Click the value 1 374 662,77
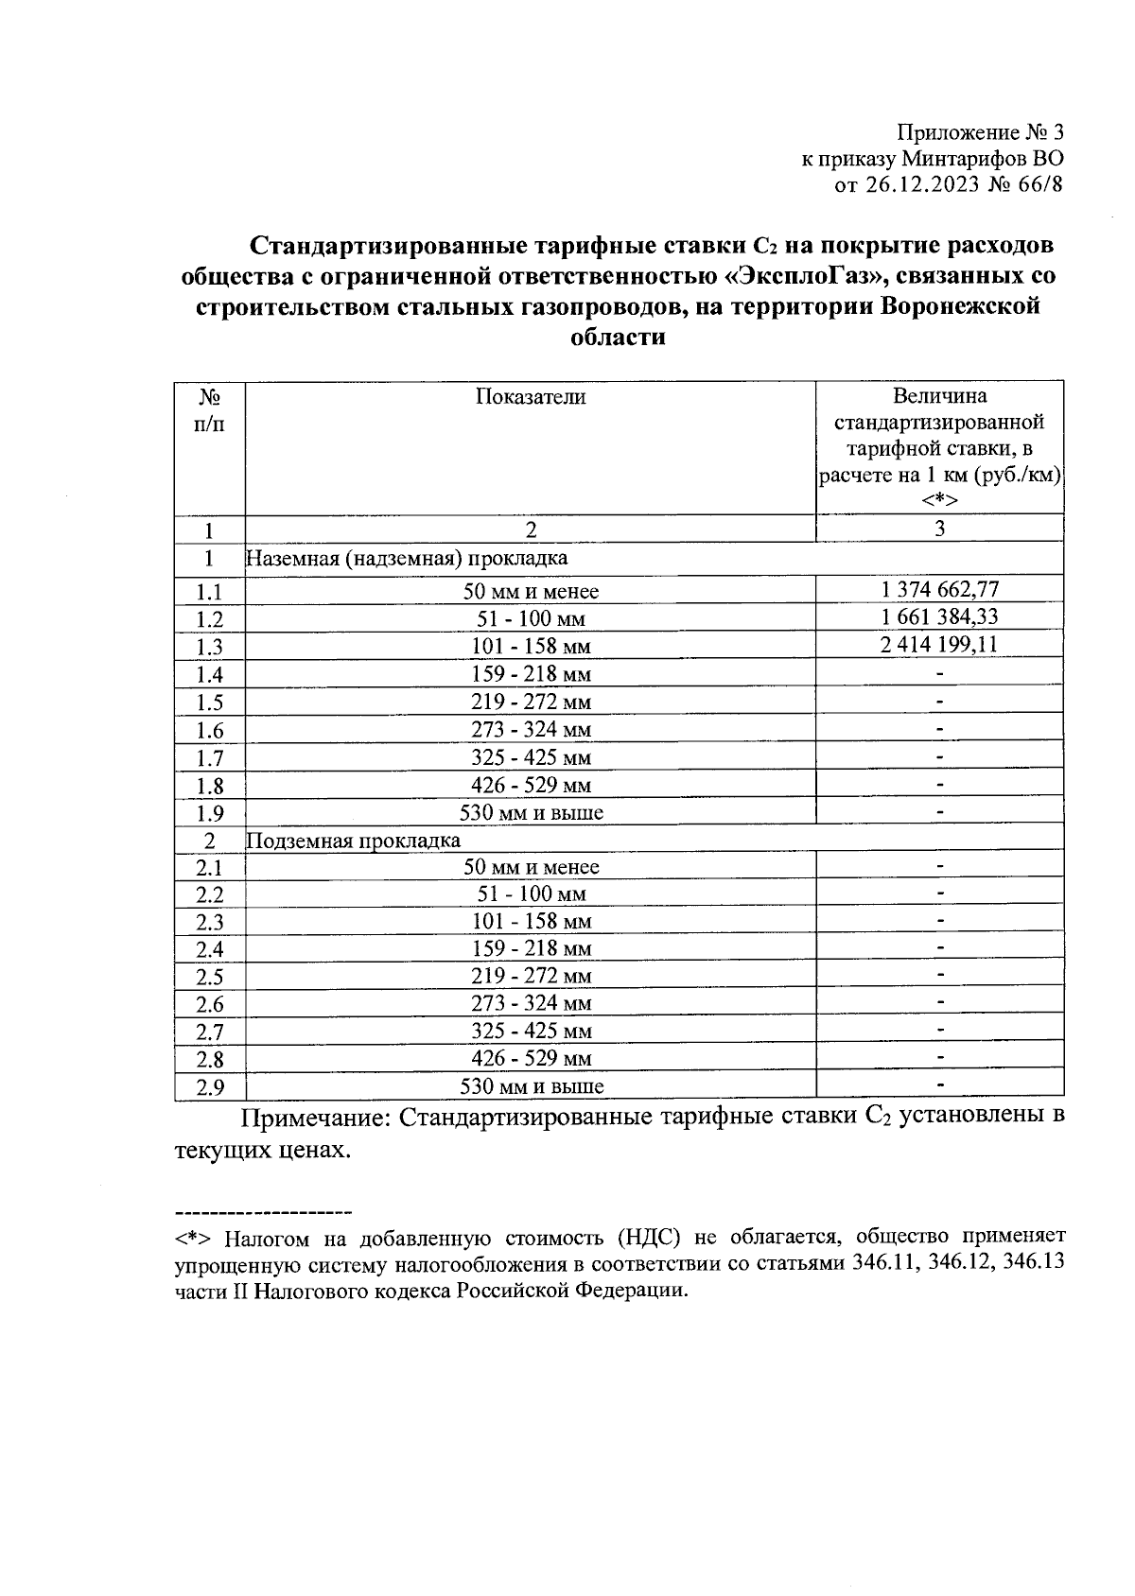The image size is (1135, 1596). coord(939,590)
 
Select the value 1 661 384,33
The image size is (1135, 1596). coord(939,617)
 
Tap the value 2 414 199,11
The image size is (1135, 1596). coord(939,645)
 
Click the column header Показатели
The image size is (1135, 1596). coord(530,397)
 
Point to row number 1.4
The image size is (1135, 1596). coord(210,675)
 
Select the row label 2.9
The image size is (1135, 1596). coord(210,1087)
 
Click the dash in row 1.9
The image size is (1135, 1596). coord(939,812)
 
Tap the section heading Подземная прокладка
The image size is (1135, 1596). coord(354,841)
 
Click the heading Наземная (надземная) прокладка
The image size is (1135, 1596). coord(407,559)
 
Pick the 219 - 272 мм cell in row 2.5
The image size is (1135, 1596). coord(531,977)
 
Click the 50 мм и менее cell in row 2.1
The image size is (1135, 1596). coord(531,867)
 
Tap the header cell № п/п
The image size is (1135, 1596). coord(210,410)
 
